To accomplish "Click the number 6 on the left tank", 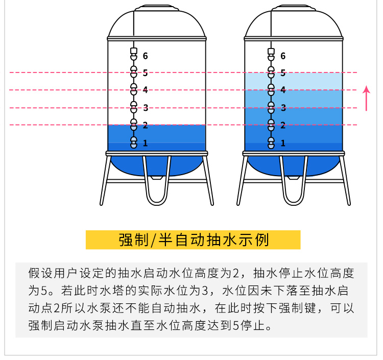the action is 146,56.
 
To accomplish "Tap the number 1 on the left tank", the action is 146,143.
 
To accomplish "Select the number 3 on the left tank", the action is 146,108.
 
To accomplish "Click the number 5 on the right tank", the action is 283,73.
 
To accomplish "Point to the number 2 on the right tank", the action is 283,125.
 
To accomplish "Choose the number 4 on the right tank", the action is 283,90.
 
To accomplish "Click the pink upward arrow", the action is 366,98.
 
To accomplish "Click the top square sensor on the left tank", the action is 134,52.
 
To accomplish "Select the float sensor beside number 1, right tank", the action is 271,142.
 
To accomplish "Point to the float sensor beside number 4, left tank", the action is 134,90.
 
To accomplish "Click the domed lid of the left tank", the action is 157,23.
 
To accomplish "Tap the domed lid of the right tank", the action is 294,23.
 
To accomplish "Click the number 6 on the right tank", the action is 283,56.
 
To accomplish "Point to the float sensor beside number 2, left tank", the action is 134,125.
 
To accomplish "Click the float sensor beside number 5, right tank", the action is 271,73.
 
